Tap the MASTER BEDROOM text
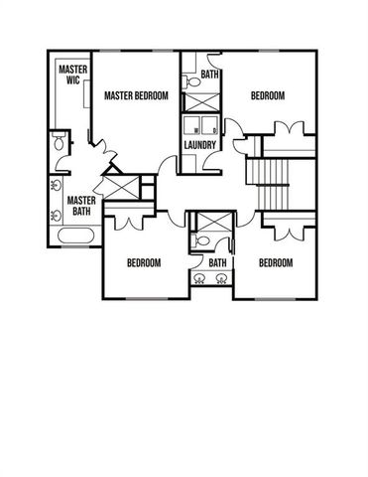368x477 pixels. click(136, 95)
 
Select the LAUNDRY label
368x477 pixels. click(199, 145)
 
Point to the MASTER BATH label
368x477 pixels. click(80, 206)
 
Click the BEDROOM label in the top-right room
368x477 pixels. click(267, 95)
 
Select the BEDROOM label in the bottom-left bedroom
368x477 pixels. click(144, 263)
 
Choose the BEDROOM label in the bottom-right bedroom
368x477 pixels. click(275, 263)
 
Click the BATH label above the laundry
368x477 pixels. click(210, 75)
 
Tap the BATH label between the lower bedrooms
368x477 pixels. click(217, 263)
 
